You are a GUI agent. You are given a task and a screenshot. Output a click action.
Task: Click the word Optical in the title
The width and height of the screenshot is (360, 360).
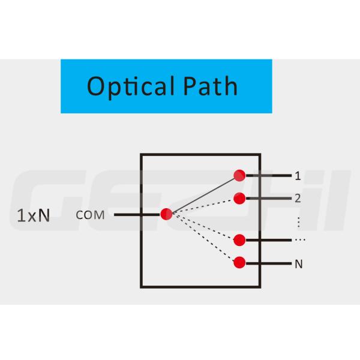pyautogui.click(x=123, y=86)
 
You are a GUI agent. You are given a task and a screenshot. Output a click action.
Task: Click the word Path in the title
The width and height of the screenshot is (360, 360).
pyautogui.click(x=208, y=86)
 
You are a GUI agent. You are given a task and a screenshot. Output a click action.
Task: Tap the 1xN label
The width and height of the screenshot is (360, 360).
pyautogui.click(x=33, y=215)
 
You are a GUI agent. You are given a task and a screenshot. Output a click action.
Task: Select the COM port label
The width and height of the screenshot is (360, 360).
pyautogui.click(x=90, y=215)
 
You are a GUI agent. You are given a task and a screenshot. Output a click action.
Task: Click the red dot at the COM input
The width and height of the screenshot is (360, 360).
pyautogui.click(x=166, y=214)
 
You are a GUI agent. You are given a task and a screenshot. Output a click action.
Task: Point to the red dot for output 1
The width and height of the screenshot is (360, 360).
pyautogui.click(x=239, y=175)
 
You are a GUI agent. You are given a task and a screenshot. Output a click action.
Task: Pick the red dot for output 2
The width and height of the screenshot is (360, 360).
pyautogui.click(x=239, y=197)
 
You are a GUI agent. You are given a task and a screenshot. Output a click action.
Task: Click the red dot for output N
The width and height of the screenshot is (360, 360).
pyautogui.click(x=239, y=262)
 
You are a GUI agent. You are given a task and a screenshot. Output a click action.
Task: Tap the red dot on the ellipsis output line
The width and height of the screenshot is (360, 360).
pyautogui.click(x=239, y=240)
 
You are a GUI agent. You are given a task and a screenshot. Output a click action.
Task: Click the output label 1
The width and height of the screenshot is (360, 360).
pyautogui.click(x=298, y=176)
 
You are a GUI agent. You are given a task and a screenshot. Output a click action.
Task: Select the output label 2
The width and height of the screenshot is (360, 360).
pyautogui.click(x=298, y=197)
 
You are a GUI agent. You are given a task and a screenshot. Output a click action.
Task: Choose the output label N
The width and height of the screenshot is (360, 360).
pyautogui.click(x=298, y=263)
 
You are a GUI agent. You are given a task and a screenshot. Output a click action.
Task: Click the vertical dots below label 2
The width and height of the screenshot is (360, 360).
pyautogui.click(x=298, y=220)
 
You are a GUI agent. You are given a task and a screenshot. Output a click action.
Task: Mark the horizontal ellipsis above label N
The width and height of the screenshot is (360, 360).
pyautogui.click(x=299, y=240)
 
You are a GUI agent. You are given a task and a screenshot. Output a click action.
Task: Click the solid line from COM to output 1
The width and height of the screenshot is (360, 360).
pyautogui.click(x=203, y=195)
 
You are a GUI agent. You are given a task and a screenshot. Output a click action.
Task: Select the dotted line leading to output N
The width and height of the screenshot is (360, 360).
pyautogui.click(x=203, y=238)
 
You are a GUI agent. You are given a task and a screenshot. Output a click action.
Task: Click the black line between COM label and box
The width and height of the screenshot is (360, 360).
pyautogui.click(x=127, y=214)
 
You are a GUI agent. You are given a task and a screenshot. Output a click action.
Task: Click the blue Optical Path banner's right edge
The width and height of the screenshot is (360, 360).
pyautogui.click(x=271, y=86)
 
